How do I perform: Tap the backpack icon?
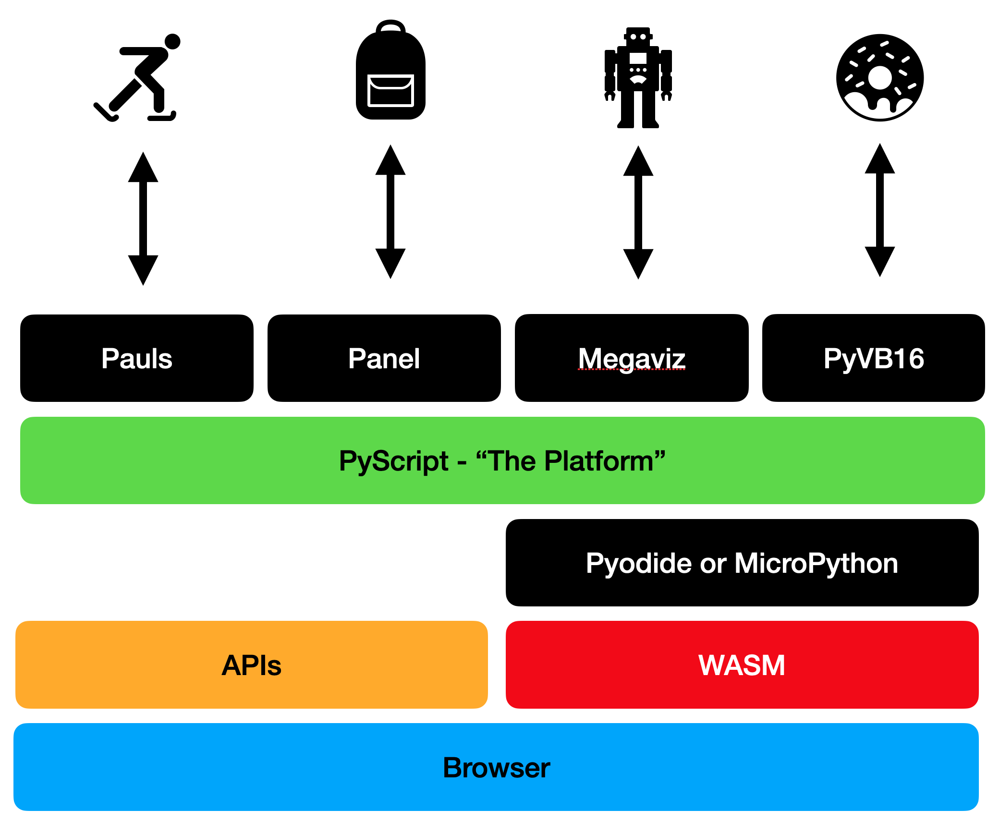[390, 72]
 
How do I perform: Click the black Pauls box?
[137, 358]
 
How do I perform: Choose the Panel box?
[384, 358]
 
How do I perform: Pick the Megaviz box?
[632, 358]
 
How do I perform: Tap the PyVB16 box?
[874, 358]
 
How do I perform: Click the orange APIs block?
[252, 665]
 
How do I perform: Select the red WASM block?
[742, 665]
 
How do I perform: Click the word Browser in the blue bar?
[496, 767]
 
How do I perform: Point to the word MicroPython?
[816, 563]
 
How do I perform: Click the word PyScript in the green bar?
[393, 461]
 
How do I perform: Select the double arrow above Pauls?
[143, 218]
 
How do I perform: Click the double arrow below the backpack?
[390, 212]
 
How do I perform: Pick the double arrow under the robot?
[638, 212]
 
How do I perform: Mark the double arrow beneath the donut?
[879, 210]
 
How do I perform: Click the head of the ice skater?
[172, 42]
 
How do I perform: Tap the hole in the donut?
[880, 77]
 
